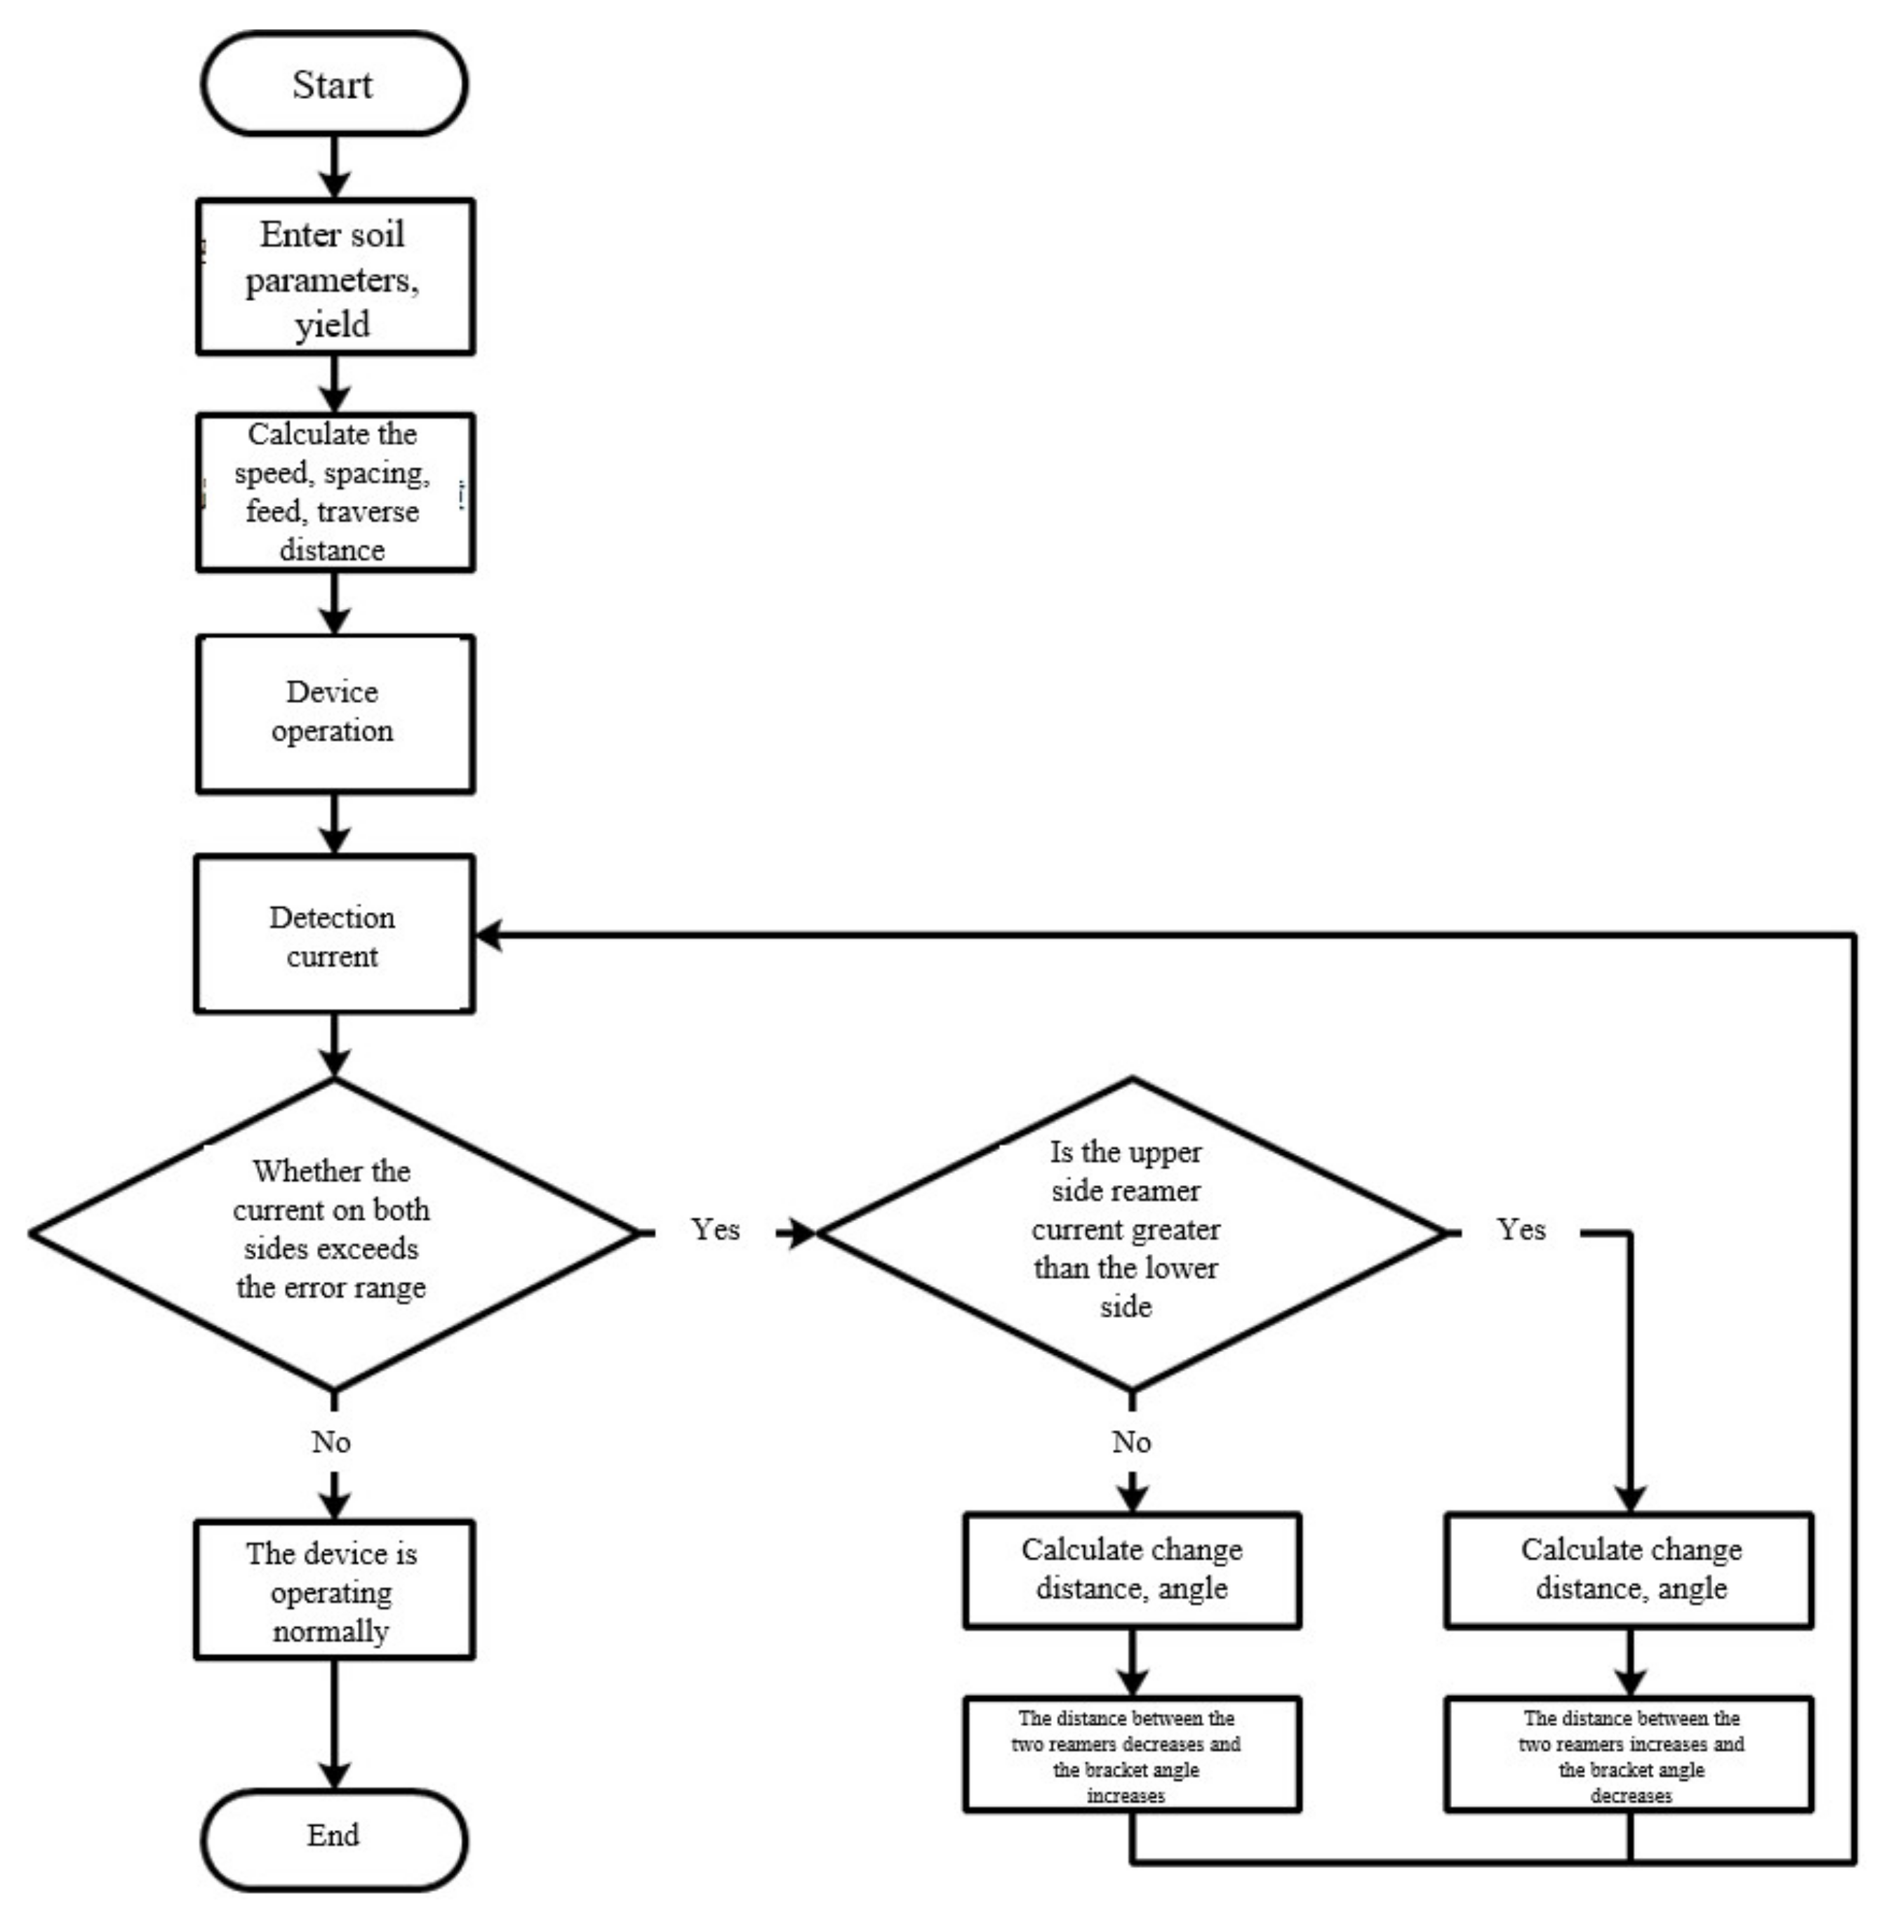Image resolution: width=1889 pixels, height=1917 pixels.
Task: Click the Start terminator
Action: tap(334, 84)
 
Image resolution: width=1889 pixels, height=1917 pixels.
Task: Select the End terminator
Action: tap(334, 1836)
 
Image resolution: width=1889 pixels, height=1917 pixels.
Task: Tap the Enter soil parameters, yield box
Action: tap(334, 277)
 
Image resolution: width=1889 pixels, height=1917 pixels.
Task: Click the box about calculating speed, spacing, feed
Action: tap(334, 492)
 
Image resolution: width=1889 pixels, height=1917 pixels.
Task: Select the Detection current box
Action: tap(334, 935)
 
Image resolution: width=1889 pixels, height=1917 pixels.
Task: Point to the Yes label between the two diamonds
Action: tap(715, 1230)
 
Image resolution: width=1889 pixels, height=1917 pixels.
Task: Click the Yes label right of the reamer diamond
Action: tap(1521, 1230)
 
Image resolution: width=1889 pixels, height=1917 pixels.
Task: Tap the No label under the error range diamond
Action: tap(331, 1443)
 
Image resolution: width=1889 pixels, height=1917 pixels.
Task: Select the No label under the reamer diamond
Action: tap(1131, 1443)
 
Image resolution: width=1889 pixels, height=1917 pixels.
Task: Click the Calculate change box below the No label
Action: tap(1131, 1570)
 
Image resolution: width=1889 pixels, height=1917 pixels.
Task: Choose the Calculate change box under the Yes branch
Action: tap(1629, 1570)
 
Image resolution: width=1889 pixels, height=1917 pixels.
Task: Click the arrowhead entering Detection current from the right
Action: tap(489, 935)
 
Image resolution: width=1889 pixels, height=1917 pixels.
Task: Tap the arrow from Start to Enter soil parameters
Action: tap(334, 167)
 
